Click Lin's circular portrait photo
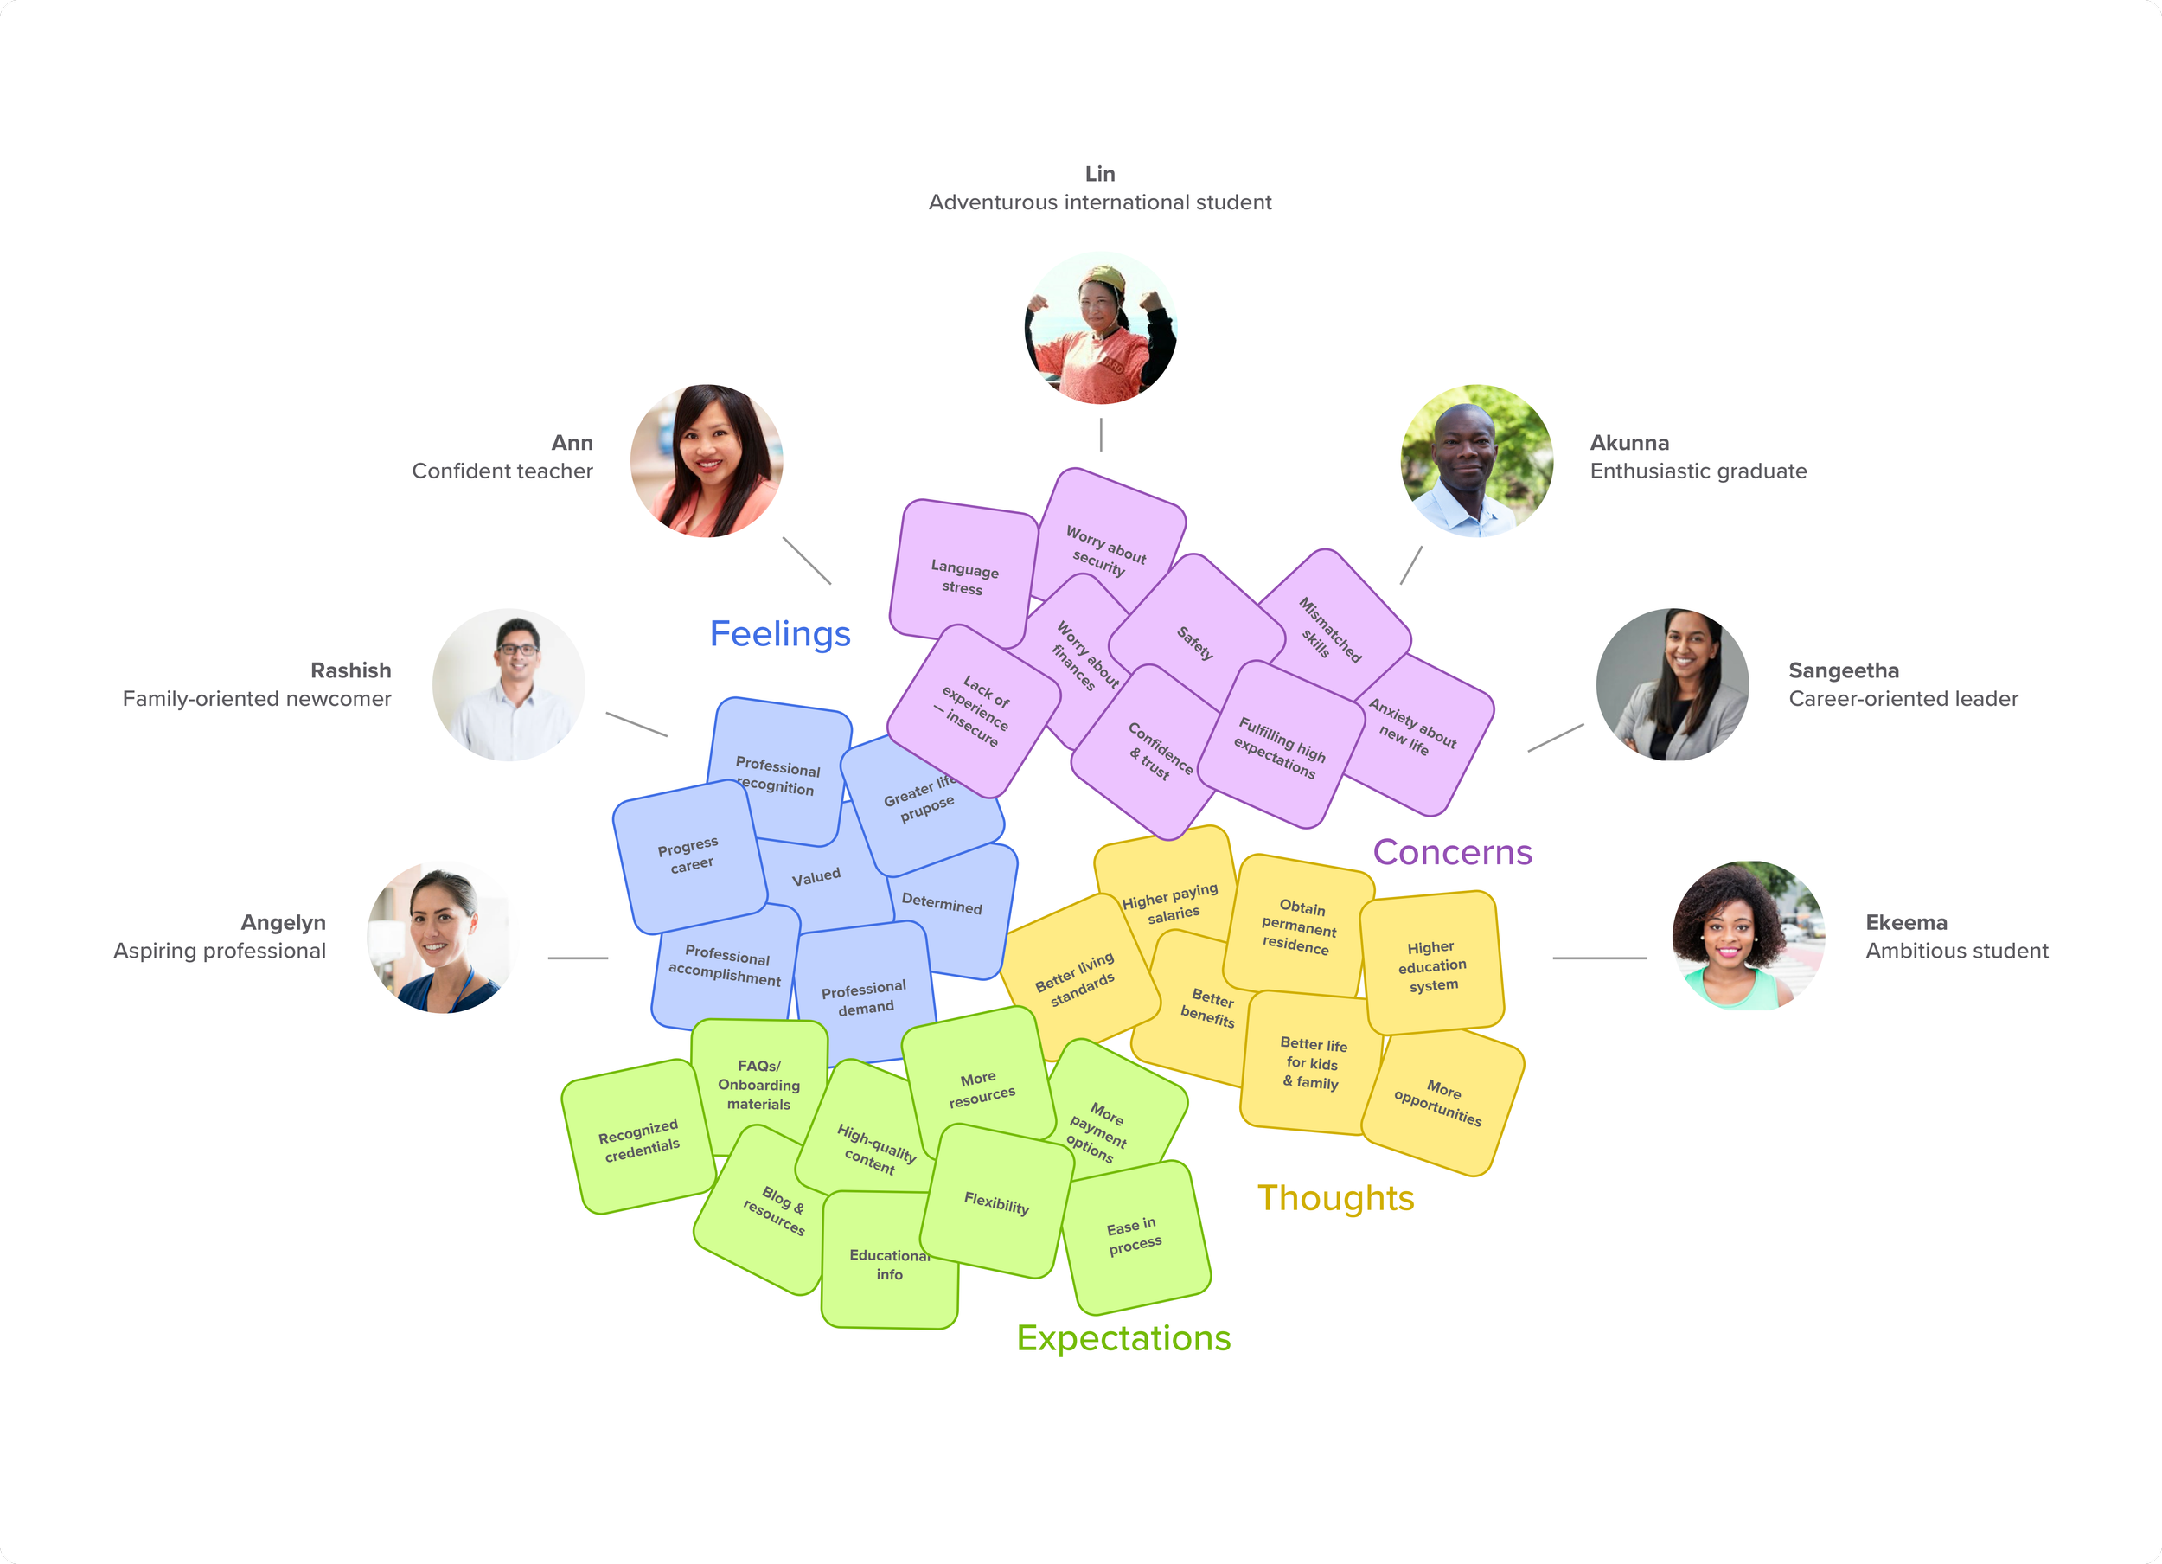[1100, 328]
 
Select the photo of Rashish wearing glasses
[509, 685]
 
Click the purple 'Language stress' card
[963, 572]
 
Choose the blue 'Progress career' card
[689, 856]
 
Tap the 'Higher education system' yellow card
[1432, 963]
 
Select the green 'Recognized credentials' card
[639, 1138]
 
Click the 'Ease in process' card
[1135, 1237]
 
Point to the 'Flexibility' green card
[996, 1202]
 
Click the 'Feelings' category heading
[780, 633]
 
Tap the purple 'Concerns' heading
[1452, 851]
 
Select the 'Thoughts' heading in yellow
[1335, 1198]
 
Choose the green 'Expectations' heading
[1123, 1338]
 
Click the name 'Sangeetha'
[1844, 670]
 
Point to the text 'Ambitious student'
[1956, 951]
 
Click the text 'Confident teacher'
[502, 471]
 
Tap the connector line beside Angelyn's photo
[578, 958]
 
